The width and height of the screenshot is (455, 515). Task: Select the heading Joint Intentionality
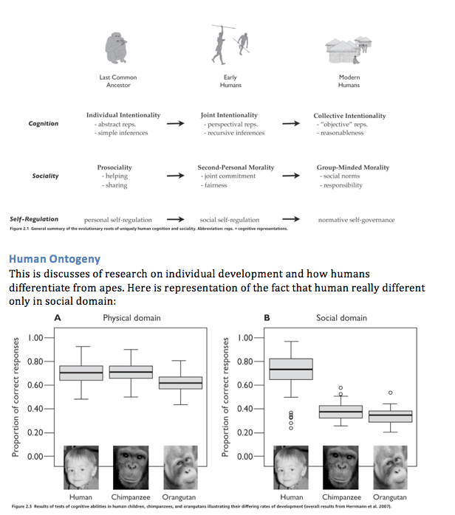click(x=229, y=116)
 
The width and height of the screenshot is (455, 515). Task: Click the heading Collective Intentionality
click(x=349, y=116)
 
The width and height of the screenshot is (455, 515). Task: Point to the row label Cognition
click(x=44, y=124)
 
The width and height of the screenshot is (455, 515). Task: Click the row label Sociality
click(x=46, y=176)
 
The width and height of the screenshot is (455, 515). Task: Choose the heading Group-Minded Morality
click(x=348, y=168)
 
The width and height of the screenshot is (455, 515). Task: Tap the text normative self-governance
click(x=356, y=220)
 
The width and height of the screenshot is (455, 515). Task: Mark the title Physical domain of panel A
click(x=131, y=317)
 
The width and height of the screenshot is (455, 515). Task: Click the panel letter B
click(x=267, y=317)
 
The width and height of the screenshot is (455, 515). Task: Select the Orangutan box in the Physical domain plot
click(x=181, y=383)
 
